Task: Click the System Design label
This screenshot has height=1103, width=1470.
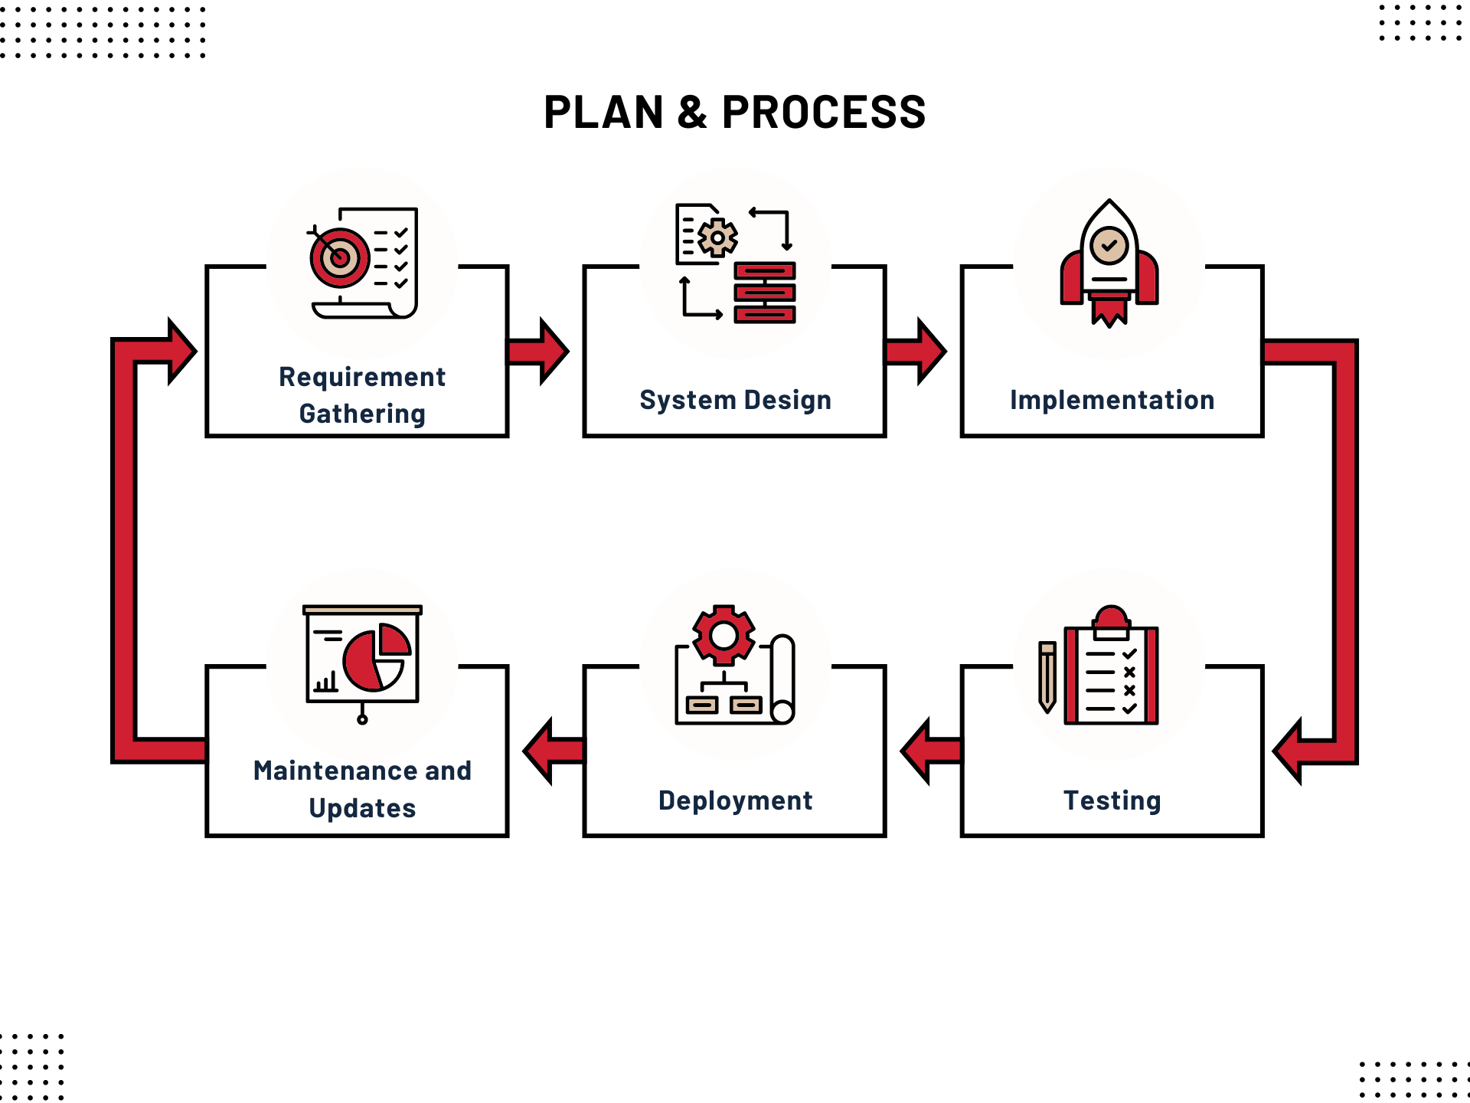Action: pyautogui.click(x=735, y=400)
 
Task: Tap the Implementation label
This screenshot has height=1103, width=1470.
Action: pyautogui.click(x=1112, y=400)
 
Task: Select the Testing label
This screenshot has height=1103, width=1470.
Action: pyautogui.click(x=1112, y=800)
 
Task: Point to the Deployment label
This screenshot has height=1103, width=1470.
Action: pyautogui.click(x=735, y=800)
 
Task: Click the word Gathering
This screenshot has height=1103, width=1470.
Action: pyautogui.click(x=362, y=414)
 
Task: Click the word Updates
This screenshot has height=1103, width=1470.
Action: pyautogui.click(x=362, y=808)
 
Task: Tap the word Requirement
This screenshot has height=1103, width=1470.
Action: pyautogui.click(x=362, y=377)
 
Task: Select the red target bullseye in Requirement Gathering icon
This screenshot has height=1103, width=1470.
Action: pyautogui.click(x=339, y=257)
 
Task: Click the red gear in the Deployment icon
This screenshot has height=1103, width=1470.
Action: pyautogui.click(x=724, y=635)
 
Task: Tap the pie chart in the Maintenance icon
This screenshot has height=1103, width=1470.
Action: pyautogui.click(x=376, y=656)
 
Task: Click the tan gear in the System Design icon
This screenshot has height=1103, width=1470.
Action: pyautogui.click(x=717, y=238)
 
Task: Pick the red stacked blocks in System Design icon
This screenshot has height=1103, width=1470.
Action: pyautogui.click(x=765, y=293)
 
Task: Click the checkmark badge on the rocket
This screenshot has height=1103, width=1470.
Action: pyautogui.click(x=1109, y=246)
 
